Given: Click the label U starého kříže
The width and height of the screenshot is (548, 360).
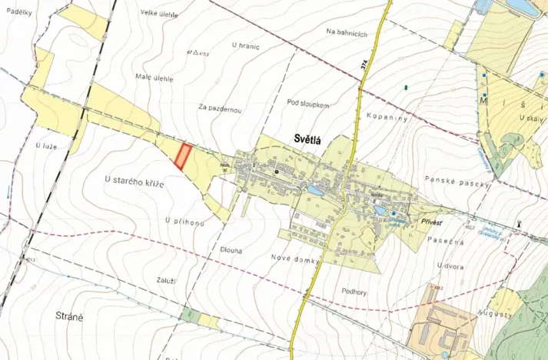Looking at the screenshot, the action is tap(135, 178).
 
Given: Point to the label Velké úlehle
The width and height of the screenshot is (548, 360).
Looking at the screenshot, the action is tap(160, 13).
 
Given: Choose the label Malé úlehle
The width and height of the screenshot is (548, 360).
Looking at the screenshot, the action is tap(154, 78).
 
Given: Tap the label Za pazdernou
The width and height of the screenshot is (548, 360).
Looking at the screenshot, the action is tap(220, 109).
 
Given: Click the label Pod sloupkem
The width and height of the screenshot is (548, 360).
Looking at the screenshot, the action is tap(308, 102).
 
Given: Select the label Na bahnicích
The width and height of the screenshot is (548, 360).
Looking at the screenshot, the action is tap(347, 32).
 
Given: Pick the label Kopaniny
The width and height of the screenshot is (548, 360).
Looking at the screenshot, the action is tap(387, 120).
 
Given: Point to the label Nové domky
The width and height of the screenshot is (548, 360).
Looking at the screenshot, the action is tap(294, 261).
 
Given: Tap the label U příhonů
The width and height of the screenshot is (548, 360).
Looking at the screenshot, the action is tap(184, 221).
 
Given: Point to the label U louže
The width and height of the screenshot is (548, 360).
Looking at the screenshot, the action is tap(47, 144).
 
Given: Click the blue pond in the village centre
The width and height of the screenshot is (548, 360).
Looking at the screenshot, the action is tap(315, 189).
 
